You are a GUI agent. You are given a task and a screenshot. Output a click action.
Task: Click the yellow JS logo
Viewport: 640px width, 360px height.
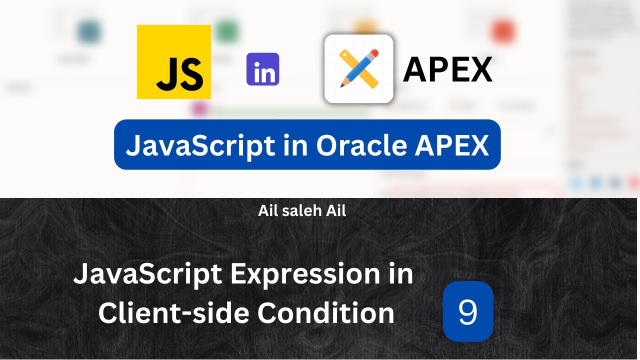pyautogui.click(x=173, y=61)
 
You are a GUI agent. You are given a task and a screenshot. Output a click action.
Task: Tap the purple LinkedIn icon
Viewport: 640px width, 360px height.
pyautogui.click(x=262, y=69)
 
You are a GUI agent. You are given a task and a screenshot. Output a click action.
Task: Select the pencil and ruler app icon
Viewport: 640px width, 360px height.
pyautogui.click(x=358, y=68)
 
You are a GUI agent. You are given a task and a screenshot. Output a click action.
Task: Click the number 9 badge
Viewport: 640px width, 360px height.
pyautogui.click(x=468, y=311)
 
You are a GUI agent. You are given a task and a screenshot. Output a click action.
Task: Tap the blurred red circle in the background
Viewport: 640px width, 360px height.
pyautogui.click(x=502, y=31)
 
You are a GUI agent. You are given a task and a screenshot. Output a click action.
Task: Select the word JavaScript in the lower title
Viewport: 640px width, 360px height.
pyautogui.click(x=147, y=275)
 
